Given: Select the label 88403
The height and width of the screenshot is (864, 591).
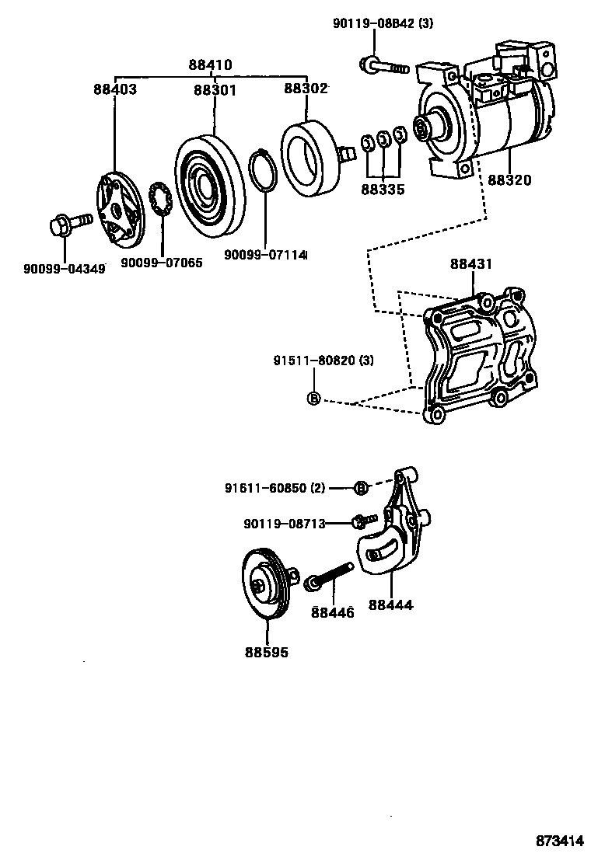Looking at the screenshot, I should pyautogui.click(x=115, y=89).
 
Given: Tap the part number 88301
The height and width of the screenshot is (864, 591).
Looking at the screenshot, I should pyautogui.click(x=215, y=89).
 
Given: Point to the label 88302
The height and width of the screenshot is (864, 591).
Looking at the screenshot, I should pyautogui.click(x=306, y=89).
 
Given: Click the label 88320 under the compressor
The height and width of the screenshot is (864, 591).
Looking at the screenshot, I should pyautogui.click(x=510, y=180).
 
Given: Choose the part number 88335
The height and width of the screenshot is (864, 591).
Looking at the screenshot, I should pyautogui.click(x=383, y=189).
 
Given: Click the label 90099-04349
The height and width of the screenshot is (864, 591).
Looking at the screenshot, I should pyautogui.click(x=64, y=270).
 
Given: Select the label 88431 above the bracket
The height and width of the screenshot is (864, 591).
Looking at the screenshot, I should pyautogui.click(x=471, y=264).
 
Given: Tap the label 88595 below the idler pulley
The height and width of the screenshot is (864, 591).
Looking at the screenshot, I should pyautogui.click(x=267, y=652).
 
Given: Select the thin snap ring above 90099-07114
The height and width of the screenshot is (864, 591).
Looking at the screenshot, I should pyautogui.click(x=264, y=172).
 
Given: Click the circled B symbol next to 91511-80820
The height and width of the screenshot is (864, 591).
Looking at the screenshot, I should pyautogui.click(x=313, y=399).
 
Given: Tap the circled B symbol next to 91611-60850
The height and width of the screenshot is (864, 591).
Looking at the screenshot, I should pyautogui.click(x=361, y=488).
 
